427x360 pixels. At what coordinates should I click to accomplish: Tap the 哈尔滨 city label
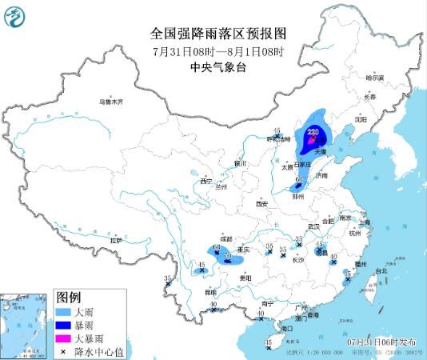[375, 78]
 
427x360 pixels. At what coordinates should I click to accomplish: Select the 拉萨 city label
[118, 240]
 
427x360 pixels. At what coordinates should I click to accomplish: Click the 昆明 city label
[210, 293]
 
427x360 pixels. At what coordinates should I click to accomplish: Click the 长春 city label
[369, 96]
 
